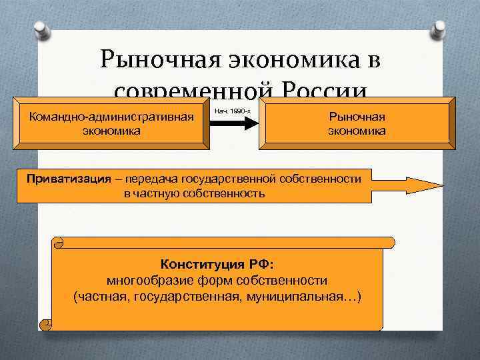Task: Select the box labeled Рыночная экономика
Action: [x=356, y=123]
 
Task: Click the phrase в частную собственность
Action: [x=194, y=194]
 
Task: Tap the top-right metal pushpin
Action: [x=441, y=29]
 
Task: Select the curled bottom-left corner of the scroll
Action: [x=47, y=324]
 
